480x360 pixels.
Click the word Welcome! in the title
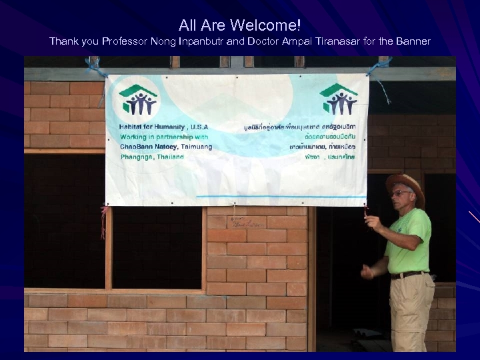266,25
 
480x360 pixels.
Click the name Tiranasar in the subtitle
341,41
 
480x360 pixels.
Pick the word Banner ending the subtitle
413,41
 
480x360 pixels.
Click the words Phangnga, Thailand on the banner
152,157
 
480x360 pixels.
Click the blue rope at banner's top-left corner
95,67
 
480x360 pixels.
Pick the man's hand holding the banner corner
371,221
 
